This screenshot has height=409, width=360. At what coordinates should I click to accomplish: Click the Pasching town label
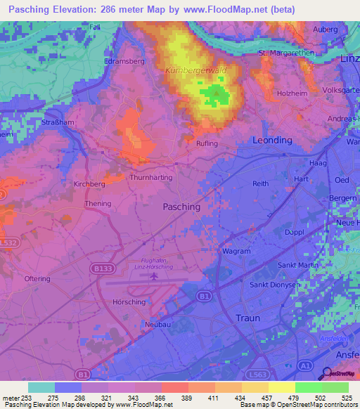click(181, 207)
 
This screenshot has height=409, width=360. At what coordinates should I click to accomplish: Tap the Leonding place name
click(271, 141)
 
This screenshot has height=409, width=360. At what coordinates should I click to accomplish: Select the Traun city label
click(247, 318)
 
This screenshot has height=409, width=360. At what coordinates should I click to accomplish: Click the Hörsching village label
click(129, 301)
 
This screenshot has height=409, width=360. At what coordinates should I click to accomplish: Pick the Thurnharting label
click(151, 178)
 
